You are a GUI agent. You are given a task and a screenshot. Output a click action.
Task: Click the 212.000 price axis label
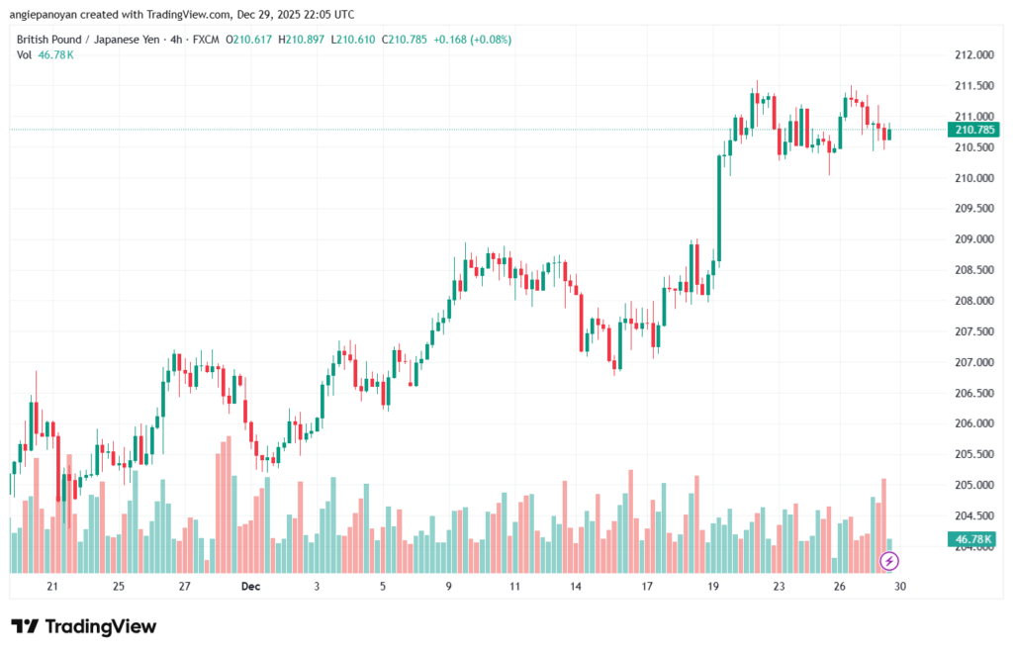[973, 55]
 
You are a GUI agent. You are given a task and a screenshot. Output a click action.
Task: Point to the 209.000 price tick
[973, 239]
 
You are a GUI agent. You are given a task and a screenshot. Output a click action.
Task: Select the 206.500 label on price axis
[973, 393]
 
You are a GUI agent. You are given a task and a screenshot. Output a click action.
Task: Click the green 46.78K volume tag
[973, 539]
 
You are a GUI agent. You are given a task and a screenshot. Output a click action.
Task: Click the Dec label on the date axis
[250, 586]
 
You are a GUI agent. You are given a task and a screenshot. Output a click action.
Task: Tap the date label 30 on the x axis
[900, 586]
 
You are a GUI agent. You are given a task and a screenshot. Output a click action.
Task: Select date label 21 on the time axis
[52, 586]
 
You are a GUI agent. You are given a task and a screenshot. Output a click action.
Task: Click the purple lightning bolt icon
[889, 561]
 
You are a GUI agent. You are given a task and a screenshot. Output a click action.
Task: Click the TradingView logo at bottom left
[84, 626]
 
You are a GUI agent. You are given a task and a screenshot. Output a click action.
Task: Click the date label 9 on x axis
[448, 586]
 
